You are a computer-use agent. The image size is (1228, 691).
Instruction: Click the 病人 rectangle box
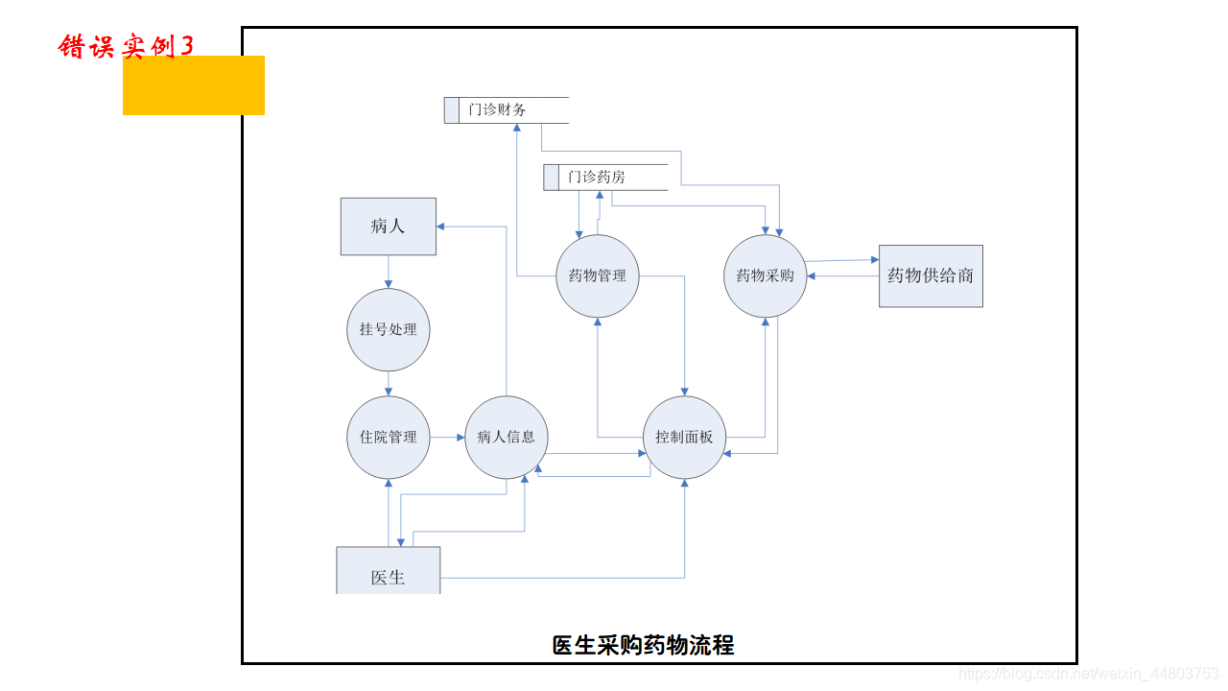(x=389, y=226)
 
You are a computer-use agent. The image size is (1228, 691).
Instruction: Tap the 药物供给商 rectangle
(x=931, y=275)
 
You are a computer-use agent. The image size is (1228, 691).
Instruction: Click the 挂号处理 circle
(x=389, y=329)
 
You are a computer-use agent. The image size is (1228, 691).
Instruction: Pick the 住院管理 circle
(x=389, y=437)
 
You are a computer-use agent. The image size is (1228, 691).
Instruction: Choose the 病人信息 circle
(x=507, y=437)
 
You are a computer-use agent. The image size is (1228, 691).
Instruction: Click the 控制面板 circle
(x=684, y=437)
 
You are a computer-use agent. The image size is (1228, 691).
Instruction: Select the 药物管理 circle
(x=598, y=276)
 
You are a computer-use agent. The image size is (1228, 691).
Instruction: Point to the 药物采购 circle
(x=765, y=276)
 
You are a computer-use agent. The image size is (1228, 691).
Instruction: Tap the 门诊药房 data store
(x=605, y=178)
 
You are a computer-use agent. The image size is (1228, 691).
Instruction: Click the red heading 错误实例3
(x=126, y=46)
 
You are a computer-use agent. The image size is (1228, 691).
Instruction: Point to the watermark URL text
(x=1089, y=675)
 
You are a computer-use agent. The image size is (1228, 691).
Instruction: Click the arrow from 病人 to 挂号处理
(x=389, y=272)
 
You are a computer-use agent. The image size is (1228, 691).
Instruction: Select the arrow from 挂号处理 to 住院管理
(x=389, y=384)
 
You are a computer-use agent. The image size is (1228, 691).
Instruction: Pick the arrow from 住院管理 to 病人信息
(x=447, y=438)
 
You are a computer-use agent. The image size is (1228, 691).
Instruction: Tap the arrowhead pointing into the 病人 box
(x=441, y=226)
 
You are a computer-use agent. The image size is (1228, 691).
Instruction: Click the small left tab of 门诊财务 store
(x=452, y=110)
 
